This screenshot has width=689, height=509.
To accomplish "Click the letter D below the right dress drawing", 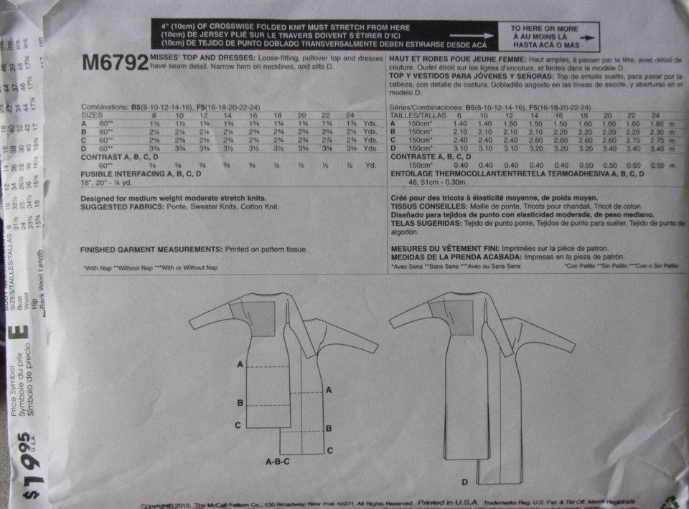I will click(465, 481).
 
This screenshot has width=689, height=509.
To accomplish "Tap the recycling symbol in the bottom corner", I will click(672, 501).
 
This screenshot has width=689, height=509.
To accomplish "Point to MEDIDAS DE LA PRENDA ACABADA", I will click(451, 256).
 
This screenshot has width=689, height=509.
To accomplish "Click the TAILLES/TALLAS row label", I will click(416, 114).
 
